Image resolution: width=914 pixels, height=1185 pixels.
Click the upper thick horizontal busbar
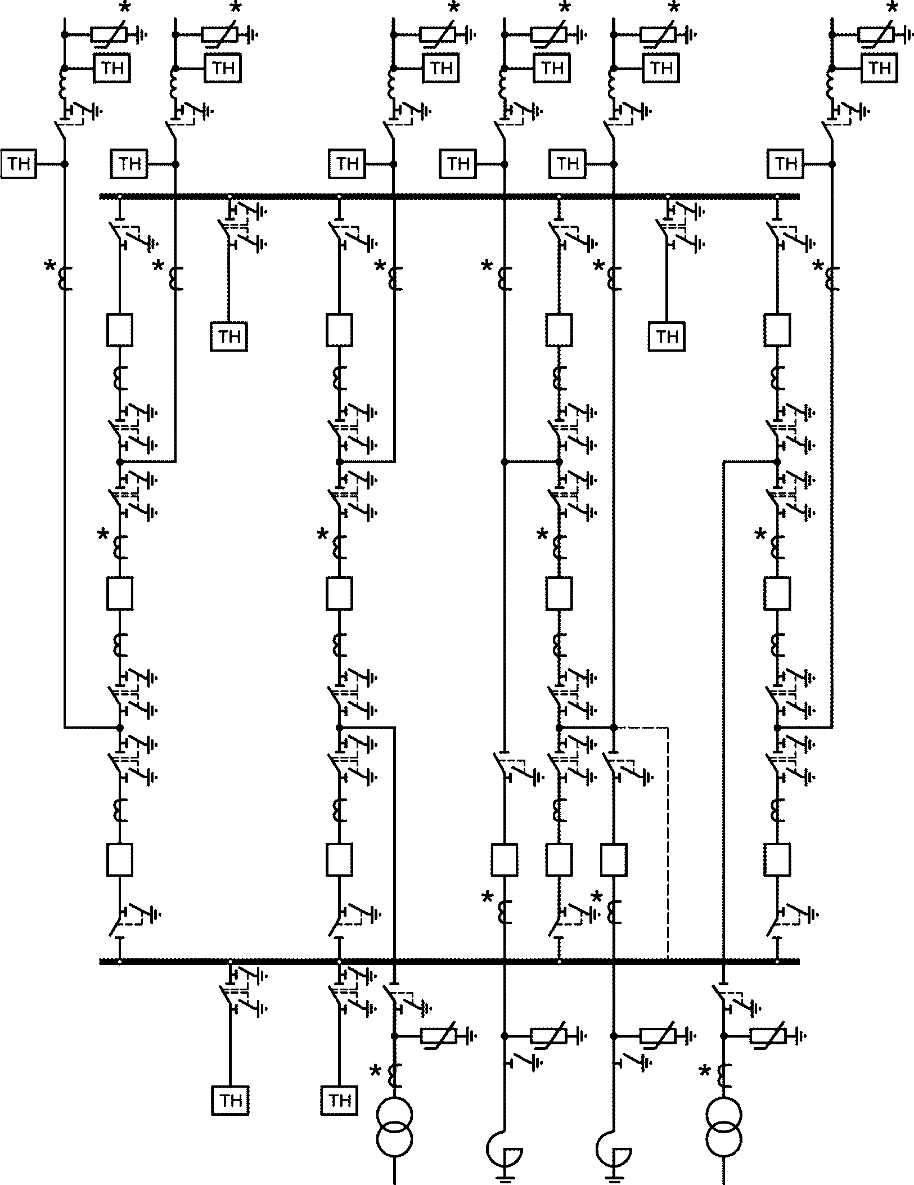coord(450,196)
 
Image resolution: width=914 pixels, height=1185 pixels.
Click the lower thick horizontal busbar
coord(450,962)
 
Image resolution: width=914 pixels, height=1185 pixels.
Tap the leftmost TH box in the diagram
coord(19,164)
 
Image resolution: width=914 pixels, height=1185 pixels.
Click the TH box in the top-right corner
coord(879,68)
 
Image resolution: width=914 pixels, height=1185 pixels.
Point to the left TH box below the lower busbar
coord(230,1100)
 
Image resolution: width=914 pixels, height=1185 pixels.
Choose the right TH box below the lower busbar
coord(339,1100)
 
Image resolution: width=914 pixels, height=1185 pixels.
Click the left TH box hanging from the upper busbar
coord(229,336)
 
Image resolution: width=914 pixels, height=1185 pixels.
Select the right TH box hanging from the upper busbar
coord(667,336)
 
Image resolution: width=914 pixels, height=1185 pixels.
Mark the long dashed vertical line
coord(668,844)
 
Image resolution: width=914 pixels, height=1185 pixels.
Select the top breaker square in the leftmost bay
coord(119,330)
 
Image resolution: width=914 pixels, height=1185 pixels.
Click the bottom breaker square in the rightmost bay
coord(777,860)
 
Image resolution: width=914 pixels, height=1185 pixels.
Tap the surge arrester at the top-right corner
coord(877,35)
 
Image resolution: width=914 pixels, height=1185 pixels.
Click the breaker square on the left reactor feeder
coord(505,860)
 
